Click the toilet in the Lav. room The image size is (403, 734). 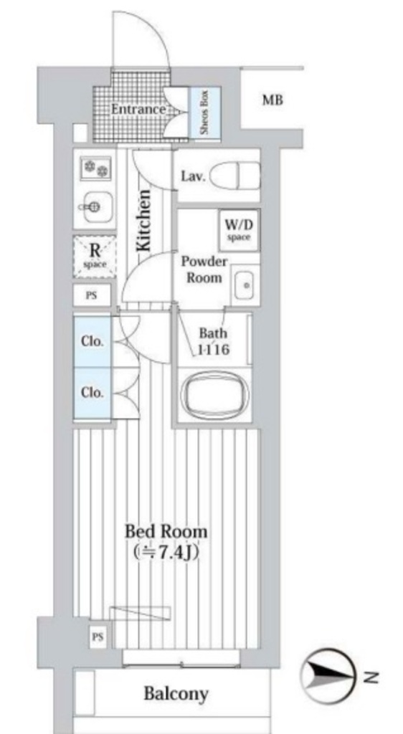(x=234, y=176)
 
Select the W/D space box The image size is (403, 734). (x=239, y=230)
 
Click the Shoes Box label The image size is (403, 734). (x=204, y=113)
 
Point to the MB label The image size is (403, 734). (x=272, y=100)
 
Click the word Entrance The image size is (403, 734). (x=138, y=110)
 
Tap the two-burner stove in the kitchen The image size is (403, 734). (x=95, y=168)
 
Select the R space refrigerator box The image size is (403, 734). (x=95, y=257)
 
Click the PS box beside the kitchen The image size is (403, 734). (x=92, y=295)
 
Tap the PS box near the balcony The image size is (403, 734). (x=98, y=637)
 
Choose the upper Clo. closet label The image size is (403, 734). (x=93, y=341)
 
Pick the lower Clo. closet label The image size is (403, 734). (x=93, y=392)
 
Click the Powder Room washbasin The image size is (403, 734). (x=245, y=285)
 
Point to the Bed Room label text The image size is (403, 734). (x=166, y=533)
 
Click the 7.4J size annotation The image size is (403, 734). (x=166, y=553)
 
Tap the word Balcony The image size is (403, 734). (x=176, y=693)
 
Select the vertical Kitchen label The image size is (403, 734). (x=144, y=219)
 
